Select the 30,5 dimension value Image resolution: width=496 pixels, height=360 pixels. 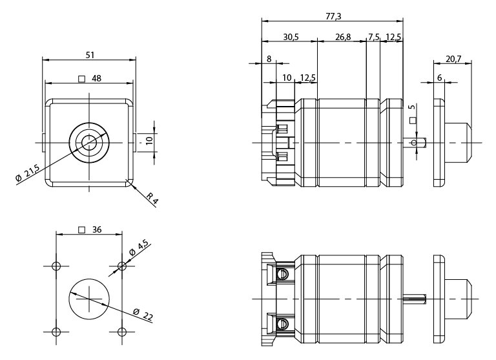pyautogui.click(x=291, y=37)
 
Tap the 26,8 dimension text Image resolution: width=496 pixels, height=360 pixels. pyautogui.click(x=342, y=37)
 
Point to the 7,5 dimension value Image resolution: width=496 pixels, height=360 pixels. pyautogui.click(x=373, y=37)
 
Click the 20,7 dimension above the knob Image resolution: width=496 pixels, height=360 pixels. pyautogui.click(x=453, y=59)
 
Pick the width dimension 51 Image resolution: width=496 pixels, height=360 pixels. pyautogui.click(x=90, y=54)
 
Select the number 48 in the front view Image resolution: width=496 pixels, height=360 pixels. pyautogui.click(x=96, y=79)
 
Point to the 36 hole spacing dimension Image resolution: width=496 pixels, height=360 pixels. pyautogui.click(x=96, y=229)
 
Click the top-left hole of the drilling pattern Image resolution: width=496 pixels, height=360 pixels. pyautogui.click(x=56, y=266)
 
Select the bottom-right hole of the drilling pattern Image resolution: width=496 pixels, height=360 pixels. pyautogui.click(x=123, y=332)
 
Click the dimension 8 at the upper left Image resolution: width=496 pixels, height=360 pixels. pyautogui.click(x=269, y=59)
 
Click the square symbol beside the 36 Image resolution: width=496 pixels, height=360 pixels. pyautogui.click(x=81, y=229)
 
